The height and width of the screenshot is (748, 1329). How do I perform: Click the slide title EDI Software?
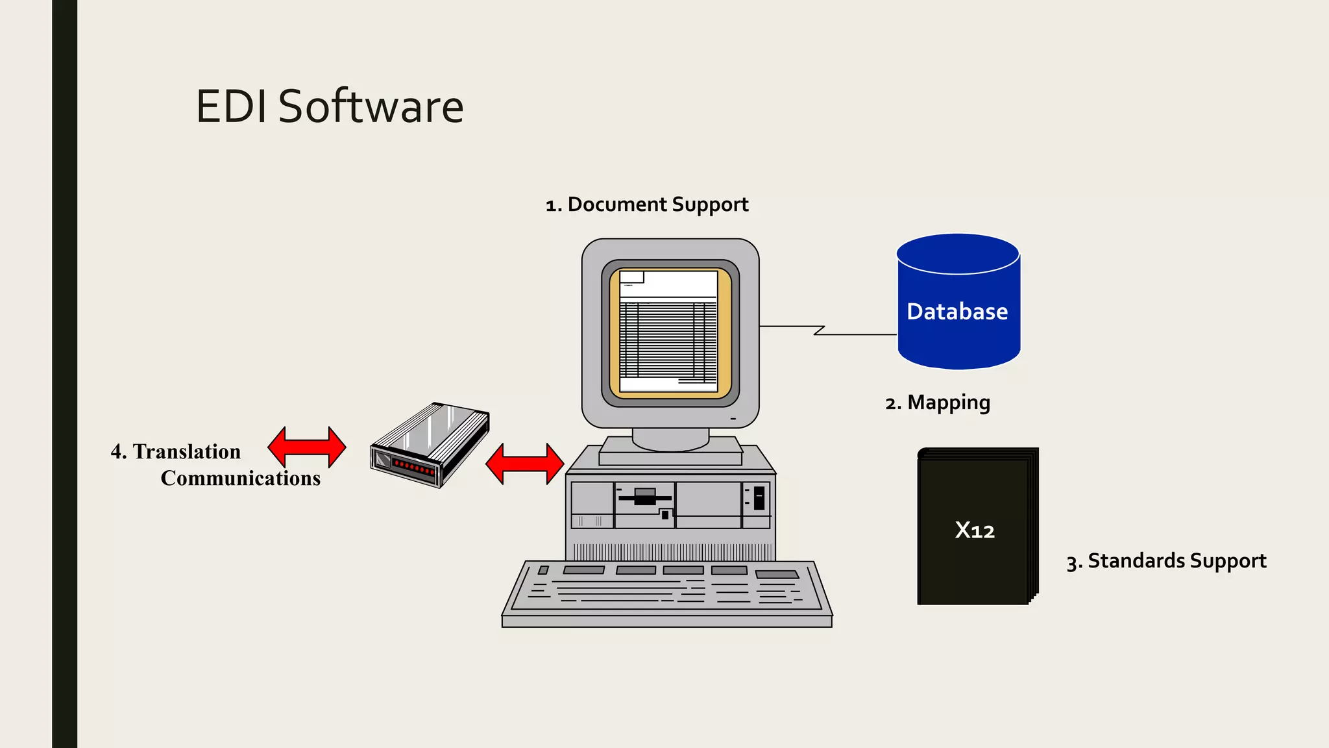[x=330, y=106]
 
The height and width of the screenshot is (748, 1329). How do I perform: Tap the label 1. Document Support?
[x=647, y=205]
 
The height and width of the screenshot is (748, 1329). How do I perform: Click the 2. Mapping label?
[x=938, y=403]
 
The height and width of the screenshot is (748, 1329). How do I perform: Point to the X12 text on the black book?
[x=975, y=530]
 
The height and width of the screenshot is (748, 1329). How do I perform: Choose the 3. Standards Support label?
[x=1166, y=561]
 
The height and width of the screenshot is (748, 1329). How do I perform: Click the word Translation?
[x=187, y=451]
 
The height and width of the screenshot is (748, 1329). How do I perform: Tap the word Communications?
[x=241, y=479]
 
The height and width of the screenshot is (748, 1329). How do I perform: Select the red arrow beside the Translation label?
[x=307, y=447]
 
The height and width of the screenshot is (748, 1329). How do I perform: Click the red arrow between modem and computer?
[x=525, y=464]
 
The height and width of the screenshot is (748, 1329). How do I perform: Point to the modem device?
[x=430, y=445]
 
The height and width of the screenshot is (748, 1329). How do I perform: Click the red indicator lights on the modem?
[x=414, y=467]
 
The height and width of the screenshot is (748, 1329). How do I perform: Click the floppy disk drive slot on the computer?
[x=644, y=498]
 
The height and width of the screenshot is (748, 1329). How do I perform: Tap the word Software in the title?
[x=371, y=106]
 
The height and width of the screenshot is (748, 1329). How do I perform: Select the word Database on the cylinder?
[x=957, y=312]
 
